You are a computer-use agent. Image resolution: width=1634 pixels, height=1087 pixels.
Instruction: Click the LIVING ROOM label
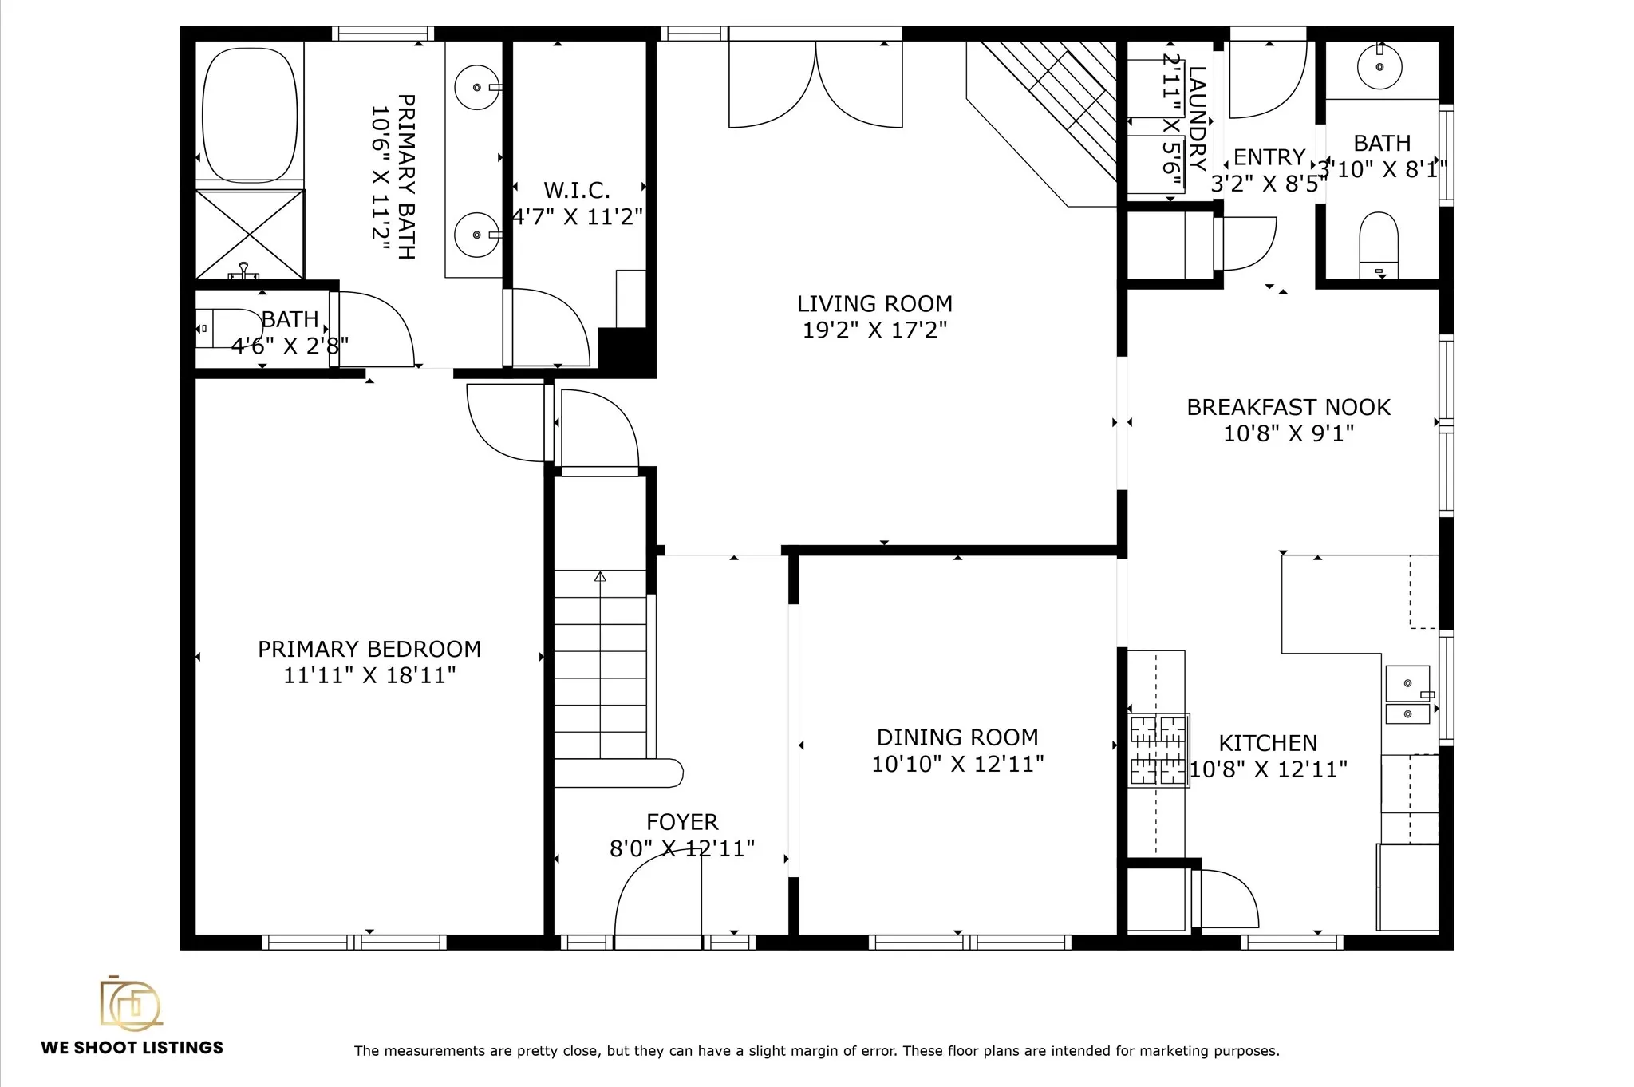[874, 304]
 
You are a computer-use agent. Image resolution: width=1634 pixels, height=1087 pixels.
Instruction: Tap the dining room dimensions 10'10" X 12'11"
[957, 764]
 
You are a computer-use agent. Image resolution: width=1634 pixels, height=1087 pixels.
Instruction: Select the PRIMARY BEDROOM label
[369, 649]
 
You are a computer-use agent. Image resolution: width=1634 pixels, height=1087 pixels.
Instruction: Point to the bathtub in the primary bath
[250, 114]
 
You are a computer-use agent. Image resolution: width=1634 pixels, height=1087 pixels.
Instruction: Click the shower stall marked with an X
[250, 235]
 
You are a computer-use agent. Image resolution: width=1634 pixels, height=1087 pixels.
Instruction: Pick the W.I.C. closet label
[577, 190]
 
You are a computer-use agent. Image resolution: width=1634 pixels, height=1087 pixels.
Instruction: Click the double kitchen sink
[1409, 694]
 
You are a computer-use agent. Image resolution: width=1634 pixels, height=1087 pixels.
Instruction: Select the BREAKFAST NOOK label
[1289, 407]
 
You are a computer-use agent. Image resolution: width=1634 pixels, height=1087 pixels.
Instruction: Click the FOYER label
[682, 822]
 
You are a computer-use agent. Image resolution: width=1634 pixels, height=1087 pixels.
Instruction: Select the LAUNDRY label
[1197, 118]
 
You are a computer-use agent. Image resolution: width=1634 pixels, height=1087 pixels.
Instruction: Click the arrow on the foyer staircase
[600, 576]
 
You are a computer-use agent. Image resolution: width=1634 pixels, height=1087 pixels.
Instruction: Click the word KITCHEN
[1268, 743]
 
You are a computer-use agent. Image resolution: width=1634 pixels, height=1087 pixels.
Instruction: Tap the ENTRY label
[1269, 157]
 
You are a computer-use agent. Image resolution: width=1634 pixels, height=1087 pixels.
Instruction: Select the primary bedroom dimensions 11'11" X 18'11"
[369, 675]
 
